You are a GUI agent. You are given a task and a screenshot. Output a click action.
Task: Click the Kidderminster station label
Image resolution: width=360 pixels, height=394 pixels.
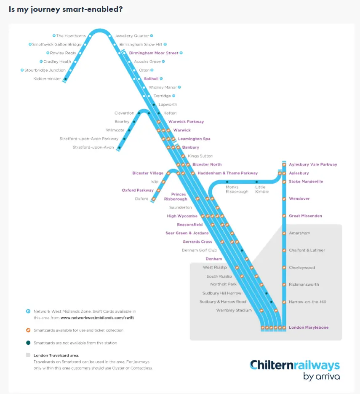(47, 79)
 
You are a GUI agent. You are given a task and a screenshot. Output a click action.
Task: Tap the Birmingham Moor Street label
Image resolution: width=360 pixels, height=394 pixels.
(154, 53)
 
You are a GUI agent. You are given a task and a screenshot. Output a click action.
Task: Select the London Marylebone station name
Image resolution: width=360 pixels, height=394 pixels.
(309, 327)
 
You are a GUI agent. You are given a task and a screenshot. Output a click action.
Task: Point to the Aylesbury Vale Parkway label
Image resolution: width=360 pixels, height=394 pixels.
(313, 164)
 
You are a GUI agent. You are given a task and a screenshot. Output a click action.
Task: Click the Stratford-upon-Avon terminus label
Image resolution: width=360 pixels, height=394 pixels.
(93, 147)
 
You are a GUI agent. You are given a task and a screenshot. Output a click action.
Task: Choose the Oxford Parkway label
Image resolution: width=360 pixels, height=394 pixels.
(138, 190)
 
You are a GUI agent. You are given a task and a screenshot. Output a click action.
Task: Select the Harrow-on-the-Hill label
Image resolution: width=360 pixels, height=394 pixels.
(307, 302)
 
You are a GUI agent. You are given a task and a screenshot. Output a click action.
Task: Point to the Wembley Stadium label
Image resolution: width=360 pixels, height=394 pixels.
(234, 310)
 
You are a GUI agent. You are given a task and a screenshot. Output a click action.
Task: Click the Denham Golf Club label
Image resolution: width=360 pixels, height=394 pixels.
(199, 250)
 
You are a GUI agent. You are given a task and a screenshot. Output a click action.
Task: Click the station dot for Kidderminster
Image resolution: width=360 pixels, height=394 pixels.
(65, 79)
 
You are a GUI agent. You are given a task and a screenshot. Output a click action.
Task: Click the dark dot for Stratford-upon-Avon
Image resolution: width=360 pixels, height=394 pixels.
(119, 147)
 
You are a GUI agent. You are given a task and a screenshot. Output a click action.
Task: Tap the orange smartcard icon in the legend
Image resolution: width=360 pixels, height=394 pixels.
(28, 330)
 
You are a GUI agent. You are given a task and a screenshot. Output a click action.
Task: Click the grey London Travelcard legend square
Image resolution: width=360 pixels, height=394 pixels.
(28, 355)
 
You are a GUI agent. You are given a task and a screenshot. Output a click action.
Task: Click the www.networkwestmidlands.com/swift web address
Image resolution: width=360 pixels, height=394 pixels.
(100, 318)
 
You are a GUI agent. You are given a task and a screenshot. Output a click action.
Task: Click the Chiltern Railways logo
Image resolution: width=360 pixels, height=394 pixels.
(294, 370)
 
